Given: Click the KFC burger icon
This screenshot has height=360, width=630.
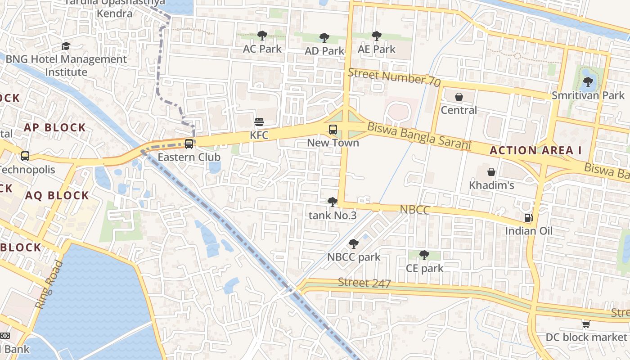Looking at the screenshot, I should (x=259, y=122).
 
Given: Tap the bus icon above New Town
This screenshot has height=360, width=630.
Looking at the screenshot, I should (x=333, y=130).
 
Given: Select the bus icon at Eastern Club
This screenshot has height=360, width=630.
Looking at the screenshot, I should (x=189, y=144).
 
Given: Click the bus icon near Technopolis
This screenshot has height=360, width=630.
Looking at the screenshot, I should (x=25, y=156).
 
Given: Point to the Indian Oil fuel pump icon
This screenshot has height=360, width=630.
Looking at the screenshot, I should (x=528, y=218).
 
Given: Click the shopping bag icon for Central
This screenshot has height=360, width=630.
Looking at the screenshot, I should (x=459, y=97).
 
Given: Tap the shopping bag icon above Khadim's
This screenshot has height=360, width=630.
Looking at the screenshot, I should (x=491, y=172).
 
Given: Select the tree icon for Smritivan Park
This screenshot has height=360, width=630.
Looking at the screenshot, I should (x=588, y=82).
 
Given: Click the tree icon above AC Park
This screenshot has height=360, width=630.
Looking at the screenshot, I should (x=262, y=36).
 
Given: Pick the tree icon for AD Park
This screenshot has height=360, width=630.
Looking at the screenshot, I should (x=324, y=38).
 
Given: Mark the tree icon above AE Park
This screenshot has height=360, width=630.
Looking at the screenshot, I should (x=376, y=36).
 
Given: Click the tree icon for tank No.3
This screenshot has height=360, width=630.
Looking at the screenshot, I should (x=332, y=202).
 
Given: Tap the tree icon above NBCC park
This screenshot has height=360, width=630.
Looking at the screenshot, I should (x=353, y=244).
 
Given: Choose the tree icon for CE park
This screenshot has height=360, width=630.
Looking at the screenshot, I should (x=424, y=255).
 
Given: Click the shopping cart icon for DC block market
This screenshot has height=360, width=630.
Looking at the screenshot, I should (x=586, y=324).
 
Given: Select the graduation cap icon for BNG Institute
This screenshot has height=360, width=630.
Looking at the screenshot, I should (x=66, y=46).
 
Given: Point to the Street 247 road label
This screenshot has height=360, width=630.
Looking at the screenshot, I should (x=364, y=283).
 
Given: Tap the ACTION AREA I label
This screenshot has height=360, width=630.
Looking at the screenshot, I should (x=535, y=151).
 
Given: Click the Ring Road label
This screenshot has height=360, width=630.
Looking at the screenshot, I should (x=47, y=284).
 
